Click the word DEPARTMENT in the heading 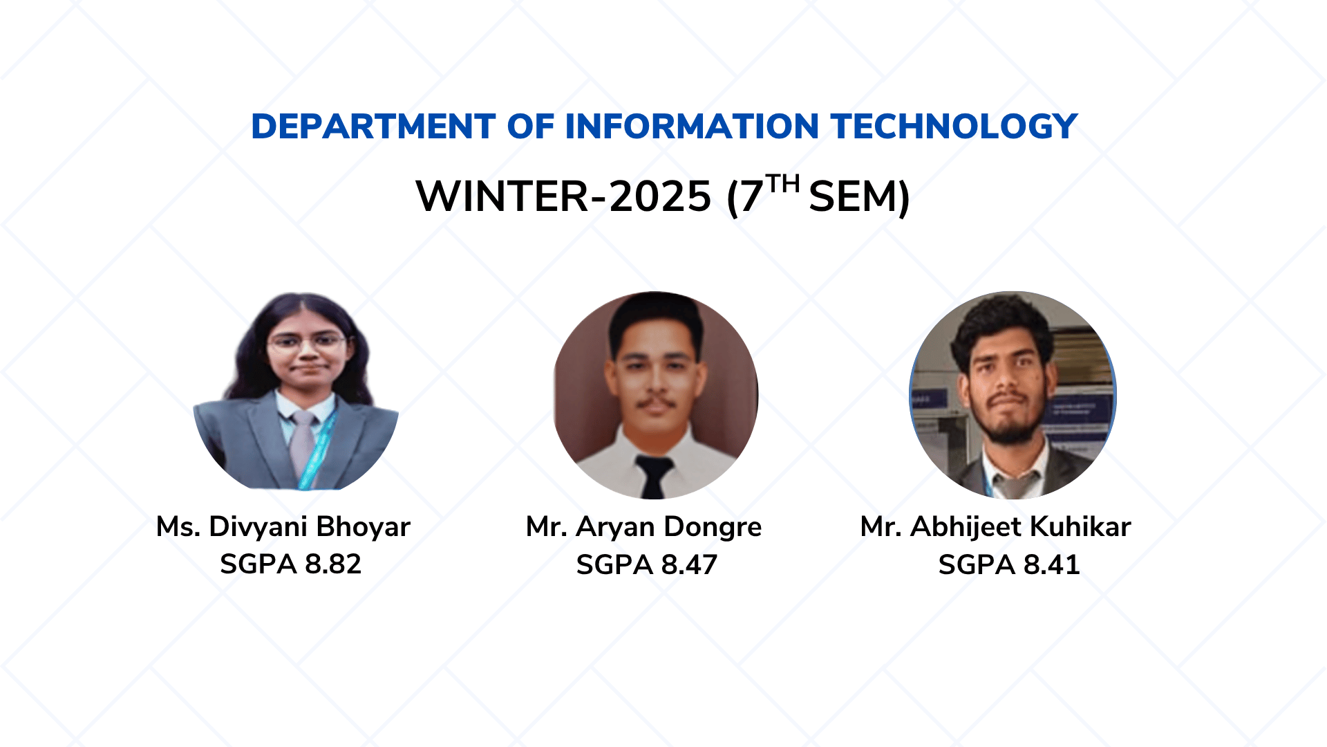point(373,127)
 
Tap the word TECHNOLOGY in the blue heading point(954,127)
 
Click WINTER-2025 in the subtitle point(563,196)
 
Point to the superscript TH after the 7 point(783,183)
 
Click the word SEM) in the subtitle point(859,197)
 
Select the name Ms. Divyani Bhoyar point(283,527)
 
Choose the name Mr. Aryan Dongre point(643,527)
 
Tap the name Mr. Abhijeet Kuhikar point(995,527)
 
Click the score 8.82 point(333,564)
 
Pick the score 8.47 point(689,565)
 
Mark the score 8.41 point(1051,565)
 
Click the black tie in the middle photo point(653,476)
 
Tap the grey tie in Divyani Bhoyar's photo point(302,446)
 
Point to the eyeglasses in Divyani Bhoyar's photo point(306,342)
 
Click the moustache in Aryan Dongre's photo point(655,403)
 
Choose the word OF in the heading point(531,127)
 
